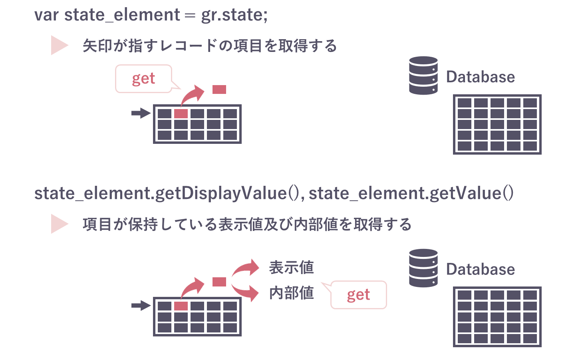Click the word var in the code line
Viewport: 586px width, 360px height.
point(46,15)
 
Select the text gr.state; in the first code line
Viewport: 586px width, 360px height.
point(234,15)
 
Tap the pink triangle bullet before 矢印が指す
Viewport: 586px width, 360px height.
point(59,45)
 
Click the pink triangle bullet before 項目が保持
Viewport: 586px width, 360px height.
point(59,224)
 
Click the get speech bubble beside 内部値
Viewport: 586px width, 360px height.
point(358,295)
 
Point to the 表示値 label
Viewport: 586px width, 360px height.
point(291,267)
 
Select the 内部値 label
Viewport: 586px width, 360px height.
point(291,293)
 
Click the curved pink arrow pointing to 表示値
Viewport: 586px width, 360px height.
point(246,268)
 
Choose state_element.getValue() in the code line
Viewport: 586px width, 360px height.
point(411,193)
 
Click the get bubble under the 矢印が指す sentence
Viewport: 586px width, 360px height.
point(143,79)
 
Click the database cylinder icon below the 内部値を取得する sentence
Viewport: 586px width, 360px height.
point(423,268)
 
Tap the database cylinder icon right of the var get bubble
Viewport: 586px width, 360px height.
point(423,76)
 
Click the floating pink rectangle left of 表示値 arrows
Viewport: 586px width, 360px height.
point(219,282)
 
